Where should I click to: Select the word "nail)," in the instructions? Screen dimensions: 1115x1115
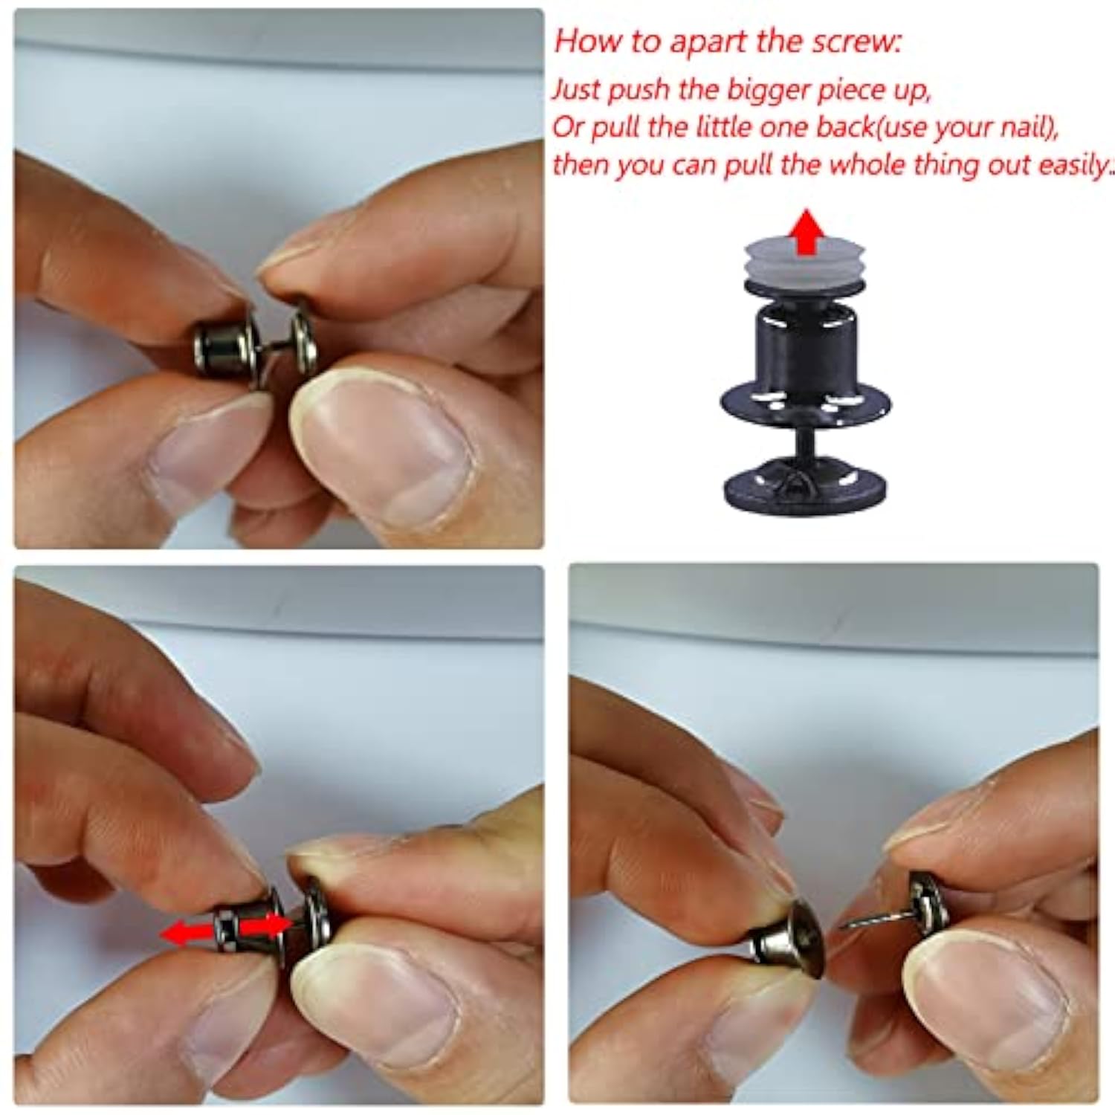1028,128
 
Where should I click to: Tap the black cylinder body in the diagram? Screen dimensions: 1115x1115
805,346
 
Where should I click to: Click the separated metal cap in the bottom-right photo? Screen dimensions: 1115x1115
788,940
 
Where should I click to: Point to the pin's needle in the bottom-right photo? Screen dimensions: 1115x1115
877,919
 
